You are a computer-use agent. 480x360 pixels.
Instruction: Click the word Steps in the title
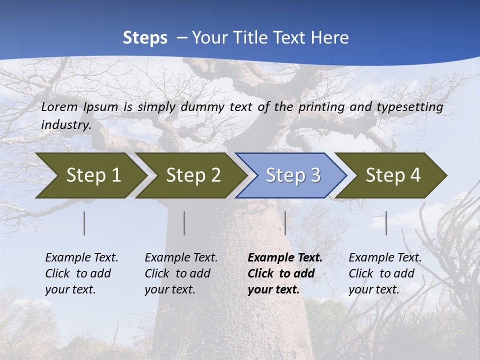145,38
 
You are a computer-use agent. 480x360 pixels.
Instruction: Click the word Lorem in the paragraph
59,106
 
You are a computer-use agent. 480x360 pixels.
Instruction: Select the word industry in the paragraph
65,124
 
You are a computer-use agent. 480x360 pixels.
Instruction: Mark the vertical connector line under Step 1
84,223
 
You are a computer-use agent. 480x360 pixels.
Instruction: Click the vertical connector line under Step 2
184,223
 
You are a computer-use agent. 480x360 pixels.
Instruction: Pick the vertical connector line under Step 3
285,223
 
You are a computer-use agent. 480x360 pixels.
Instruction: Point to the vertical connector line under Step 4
386,223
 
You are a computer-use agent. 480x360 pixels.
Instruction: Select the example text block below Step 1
81,273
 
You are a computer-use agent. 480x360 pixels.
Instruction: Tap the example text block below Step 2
181,273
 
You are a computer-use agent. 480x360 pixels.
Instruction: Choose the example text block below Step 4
385,273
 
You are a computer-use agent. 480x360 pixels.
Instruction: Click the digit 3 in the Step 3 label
315,175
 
